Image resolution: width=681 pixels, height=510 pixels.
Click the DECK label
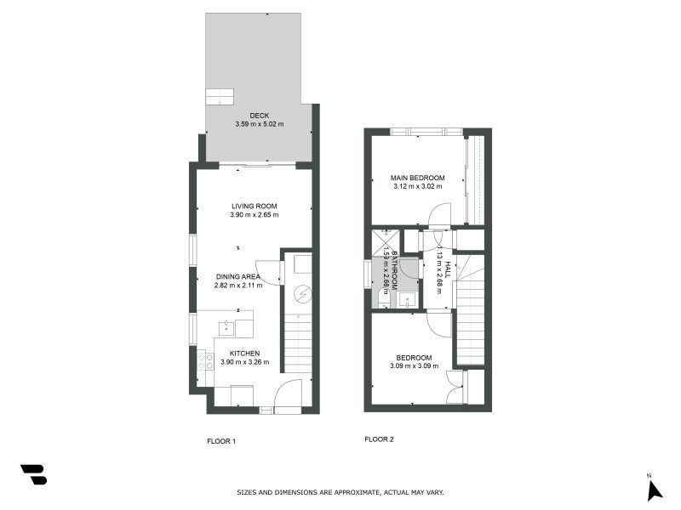coord(259,116)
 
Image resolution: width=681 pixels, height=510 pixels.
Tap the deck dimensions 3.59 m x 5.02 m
coord(259,124)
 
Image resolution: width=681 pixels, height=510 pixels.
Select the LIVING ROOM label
coord(254,206)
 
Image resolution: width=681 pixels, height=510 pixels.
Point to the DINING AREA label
coord(237,276)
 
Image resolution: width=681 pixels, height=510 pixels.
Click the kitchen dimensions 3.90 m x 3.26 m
coord(244,362)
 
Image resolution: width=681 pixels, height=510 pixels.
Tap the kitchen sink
coord(226,328)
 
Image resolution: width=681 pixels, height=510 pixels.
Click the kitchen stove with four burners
coord(205,365)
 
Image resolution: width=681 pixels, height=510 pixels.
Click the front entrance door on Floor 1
coord(289,397)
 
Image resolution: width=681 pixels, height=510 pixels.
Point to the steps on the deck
coord(220,95)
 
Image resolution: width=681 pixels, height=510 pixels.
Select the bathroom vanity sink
coord(408,298)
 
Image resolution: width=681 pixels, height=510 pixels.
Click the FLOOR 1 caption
coord(221,440)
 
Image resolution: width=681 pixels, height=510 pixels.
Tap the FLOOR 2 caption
coord(379,439)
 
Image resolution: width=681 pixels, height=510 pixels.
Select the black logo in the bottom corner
coord(33,474)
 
